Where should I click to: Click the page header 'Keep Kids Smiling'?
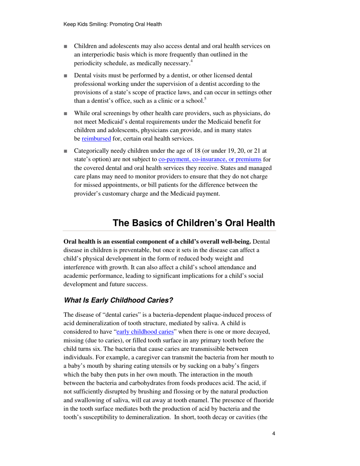113,25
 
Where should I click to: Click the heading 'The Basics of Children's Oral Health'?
194,223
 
